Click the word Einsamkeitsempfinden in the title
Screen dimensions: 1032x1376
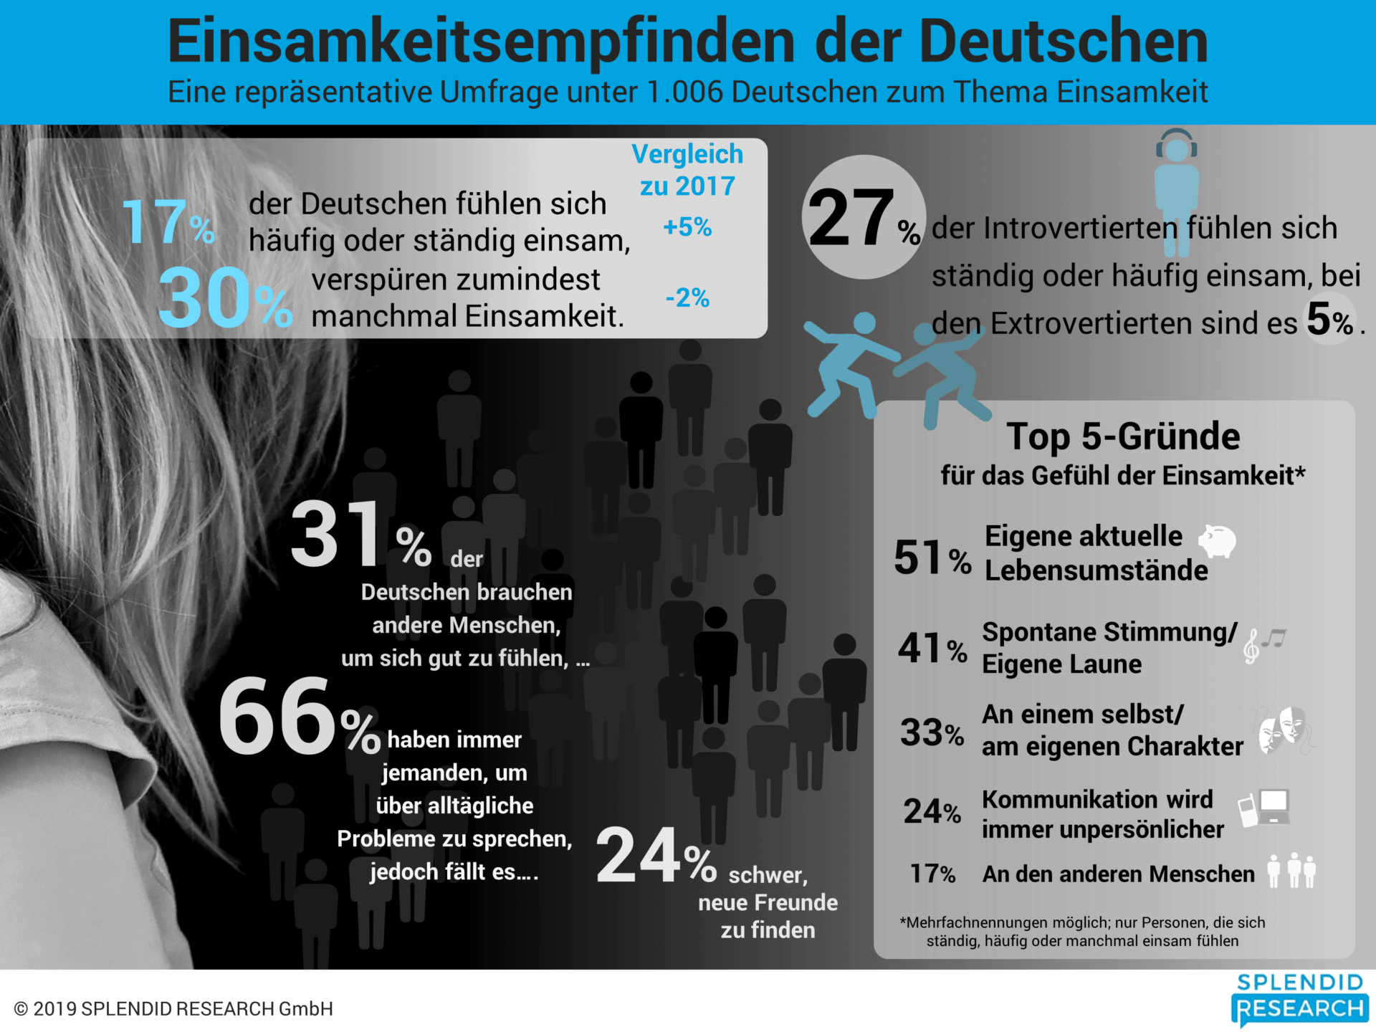point(480,42)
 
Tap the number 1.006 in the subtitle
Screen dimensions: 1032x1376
point(684,92)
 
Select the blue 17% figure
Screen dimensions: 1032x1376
point(168,222)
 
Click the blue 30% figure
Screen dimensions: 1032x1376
point(224,298)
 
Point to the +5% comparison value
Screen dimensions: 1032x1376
point(687,227)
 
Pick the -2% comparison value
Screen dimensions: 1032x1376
point(687,297)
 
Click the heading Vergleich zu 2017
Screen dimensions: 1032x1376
point(687,170)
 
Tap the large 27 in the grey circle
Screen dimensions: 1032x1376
point(851,217)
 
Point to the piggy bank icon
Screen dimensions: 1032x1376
point(1218,541)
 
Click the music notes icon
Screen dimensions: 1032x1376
point(1264,644)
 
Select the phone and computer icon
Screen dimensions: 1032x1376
point(1264,808)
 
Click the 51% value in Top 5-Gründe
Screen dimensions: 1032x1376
point(932,558)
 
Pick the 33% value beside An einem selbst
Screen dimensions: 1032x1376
point(932,732)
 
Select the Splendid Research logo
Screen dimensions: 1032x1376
point(1299,1000)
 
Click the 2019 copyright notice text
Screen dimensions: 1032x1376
point(173,1009)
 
